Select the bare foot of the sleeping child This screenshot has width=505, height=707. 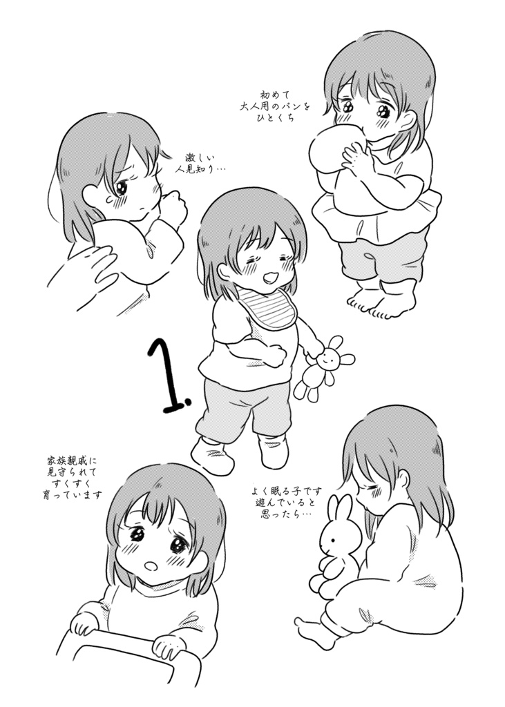[x=314, y=632]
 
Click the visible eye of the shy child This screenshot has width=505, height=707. [x=123, y=186]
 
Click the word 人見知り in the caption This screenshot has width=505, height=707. [x=202, y=168]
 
